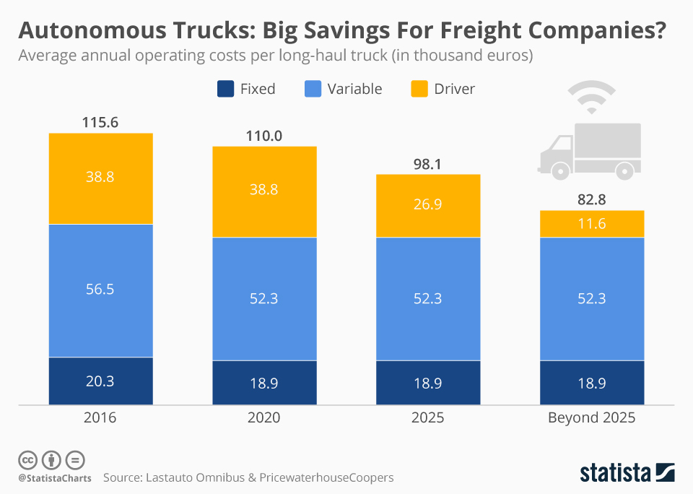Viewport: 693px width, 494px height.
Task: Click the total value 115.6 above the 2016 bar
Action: pyautogui.click(x=100, y=122)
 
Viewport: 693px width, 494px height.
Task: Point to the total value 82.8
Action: pyautogui.click(x=592, y=199)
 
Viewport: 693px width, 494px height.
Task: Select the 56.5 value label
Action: pyautogui.click(x=100, y=289)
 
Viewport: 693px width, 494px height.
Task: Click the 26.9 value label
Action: pyautogui.click(x=428, y=204)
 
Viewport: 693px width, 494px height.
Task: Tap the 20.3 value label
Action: pyautogui.click(x=100, y=381)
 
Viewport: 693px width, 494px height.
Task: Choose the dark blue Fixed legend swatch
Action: pyautogui.click(x=225, y=89)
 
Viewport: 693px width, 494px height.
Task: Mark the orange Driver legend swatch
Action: pyautogui.click(x=419, y=89)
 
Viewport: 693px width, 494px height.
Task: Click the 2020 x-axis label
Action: pyautogui.click(x=264, y=417)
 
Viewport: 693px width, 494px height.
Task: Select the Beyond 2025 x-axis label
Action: pyautogui.click(x=592, y=417)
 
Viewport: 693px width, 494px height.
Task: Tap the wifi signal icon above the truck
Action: pyautogui.click(x=592, y=97)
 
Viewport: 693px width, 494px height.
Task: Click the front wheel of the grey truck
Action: pyautogui.click(x=559, y=170)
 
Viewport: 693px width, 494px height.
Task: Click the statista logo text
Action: pyautogui.click(x=615, y=473)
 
